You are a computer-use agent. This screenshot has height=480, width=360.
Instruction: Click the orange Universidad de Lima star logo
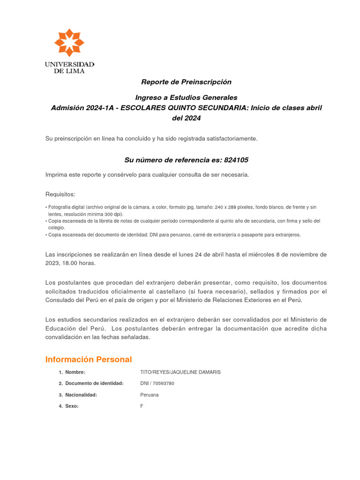(69, 43)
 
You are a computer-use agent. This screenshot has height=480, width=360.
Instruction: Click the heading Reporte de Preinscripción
(187, 82)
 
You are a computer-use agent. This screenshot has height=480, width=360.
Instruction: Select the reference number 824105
(236, 160)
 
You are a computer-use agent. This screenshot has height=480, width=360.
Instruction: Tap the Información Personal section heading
(89, 360)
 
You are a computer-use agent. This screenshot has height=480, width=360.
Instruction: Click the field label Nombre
(75, 372)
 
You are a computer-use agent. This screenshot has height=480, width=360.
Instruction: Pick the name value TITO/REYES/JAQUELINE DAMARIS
(180, 372)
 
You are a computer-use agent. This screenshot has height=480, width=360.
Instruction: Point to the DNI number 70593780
(164, 383)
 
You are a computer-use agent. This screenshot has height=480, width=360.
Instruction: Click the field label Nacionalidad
(81, 395)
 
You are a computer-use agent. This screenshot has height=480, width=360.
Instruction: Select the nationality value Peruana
(150, 395)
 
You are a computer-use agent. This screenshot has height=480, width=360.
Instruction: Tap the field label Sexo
(72, 406)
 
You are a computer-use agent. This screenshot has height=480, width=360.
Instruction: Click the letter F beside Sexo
(142, 406)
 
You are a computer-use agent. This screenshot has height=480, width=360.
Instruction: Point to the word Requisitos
(60, 195)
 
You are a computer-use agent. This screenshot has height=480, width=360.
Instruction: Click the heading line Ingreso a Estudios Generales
(187, 97)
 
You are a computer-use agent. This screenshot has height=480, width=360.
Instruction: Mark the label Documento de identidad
(94, 383)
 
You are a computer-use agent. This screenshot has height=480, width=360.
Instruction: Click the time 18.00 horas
(80, 263)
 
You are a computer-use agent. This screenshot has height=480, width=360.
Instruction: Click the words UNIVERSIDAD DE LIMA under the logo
(69, 67)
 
